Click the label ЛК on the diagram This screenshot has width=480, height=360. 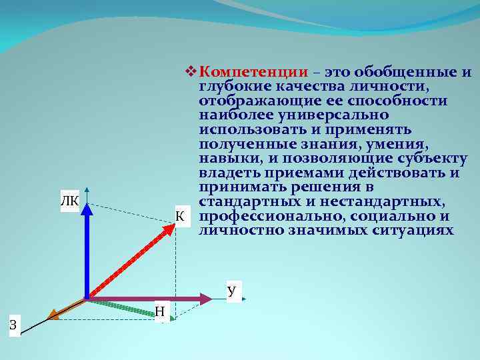(x=69, y=201)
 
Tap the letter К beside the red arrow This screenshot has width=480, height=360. (x=179, y=215)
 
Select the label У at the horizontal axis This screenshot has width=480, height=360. (x=231, y=291)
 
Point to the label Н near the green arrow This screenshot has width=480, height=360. (x=160, y=311)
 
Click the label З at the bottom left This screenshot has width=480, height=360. (x=13, y=325)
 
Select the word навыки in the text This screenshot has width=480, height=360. (x=230, y=159)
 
